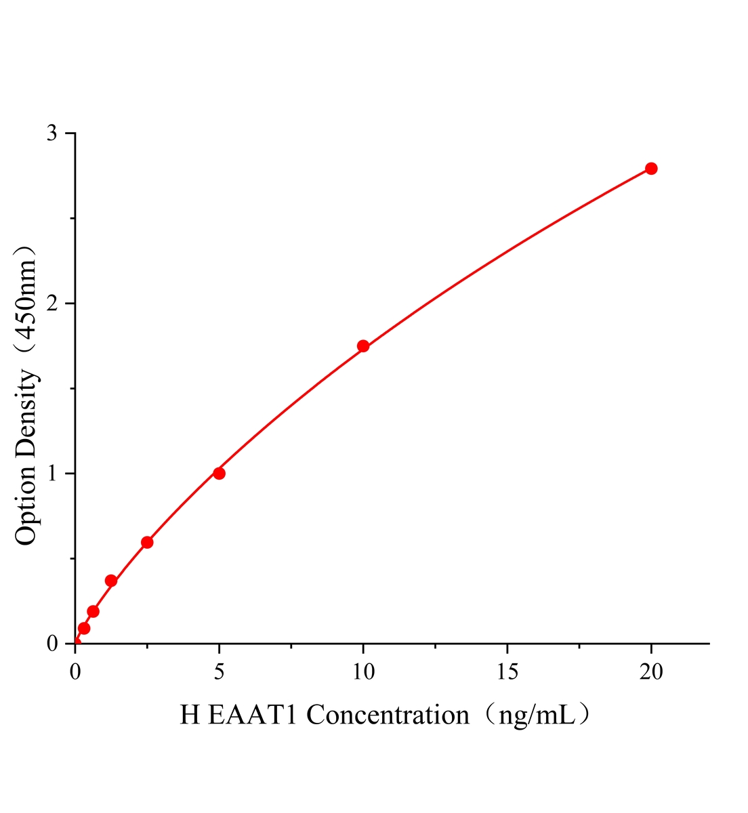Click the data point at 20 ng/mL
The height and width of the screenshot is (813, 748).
coord(651,168)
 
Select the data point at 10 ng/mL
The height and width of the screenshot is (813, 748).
coord(363,346)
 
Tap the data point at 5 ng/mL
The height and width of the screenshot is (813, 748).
coord(219,473)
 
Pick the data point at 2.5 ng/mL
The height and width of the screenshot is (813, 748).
coord(147,542)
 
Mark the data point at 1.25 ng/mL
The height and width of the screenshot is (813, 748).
coord(111,581)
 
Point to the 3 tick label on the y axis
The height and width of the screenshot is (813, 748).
coord(52,133)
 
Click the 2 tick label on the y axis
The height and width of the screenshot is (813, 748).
coord(52,304)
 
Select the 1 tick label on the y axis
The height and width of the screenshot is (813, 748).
coord(52,473)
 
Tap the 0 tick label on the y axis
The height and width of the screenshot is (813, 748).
coord(52,643)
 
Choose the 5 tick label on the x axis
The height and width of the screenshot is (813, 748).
coord(219,671)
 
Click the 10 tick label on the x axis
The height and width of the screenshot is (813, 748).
coord(363,671)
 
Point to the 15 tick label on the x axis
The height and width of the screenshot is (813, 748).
coord(507,671)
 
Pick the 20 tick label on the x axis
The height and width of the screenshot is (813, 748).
coord(651,671)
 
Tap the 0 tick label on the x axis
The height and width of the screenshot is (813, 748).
coord(75,671)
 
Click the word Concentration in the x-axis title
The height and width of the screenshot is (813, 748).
coord(388,715)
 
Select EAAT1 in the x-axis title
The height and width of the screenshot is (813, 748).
coord(252,715)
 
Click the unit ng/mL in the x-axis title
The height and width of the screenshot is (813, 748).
coord(537,716)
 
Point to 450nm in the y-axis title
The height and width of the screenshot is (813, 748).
coord(26,299)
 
